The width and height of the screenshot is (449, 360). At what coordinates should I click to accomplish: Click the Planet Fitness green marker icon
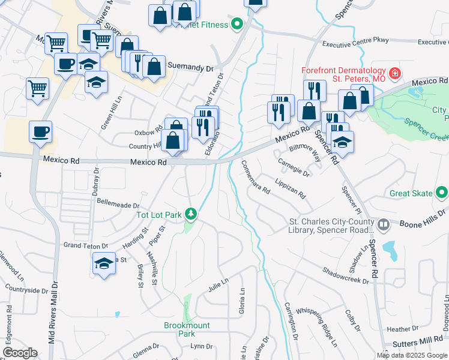coord(237,25)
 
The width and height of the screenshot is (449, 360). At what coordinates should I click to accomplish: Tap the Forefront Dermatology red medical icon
coord(395,74)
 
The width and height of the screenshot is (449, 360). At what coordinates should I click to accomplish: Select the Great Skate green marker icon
coord(442,193)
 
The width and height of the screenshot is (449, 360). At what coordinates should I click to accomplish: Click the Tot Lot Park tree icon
coord(191,214)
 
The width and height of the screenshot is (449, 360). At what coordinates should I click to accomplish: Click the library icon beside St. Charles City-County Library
coord(384,225)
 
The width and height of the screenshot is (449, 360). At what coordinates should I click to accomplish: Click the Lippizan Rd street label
coord(291,188)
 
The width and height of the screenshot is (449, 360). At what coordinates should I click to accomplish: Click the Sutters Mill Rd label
coord(417,345)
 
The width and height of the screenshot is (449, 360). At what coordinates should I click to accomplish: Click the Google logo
coord(20,353)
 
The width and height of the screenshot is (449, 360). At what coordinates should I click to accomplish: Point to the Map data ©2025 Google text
coord(412,355)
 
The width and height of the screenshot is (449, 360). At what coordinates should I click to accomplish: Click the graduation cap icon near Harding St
coord(104,263)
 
